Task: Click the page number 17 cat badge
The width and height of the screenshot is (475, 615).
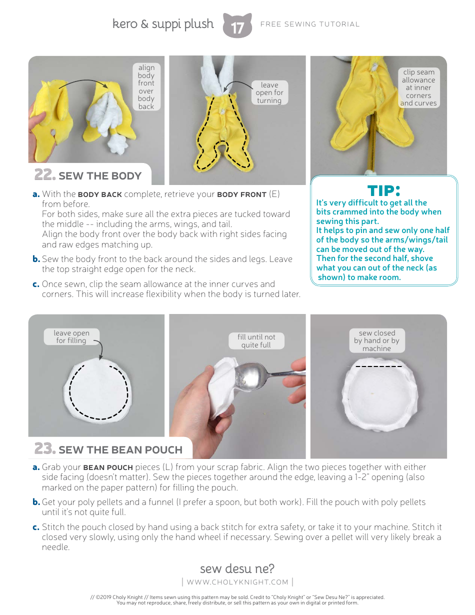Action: [237, 26]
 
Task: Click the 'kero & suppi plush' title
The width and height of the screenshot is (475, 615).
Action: [163, 24]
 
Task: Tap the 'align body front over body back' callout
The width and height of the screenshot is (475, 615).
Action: [146, 87]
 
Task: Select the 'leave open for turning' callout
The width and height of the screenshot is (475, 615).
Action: [269, 93]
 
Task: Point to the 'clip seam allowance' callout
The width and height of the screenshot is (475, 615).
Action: [418, 87]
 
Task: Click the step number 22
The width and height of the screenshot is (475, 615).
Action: [44, 175]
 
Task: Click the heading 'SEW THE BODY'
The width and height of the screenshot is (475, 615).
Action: [100, 176]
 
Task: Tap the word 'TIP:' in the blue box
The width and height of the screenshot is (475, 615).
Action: [384, 190]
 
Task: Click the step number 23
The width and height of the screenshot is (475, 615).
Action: [44, 448]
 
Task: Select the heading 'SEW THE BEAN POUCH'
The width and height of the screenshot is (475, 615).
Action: [120, 450]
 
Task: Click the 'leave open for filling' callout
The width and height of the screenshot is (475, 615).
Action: [71, 336]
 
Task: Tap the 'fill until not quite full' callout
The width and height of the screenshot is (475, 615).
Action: [256, 341]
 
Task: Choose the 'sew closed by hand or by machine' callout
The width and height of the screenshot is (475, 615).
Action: [376, 340]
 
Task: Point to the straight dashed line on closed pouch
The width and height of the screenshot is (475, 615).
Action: [378, 366]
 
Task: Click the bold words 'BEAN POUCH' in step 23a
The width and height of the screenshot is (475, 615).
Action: [108, 467]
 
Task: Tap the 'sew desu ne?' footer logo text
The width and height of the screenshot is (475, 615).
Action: [237, 568]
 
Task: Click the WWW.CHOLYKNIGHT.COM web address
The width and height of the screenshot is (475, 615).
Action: [237, 582]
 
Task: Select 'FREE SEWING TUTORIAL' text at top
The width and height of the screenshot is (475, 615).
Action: [310, 24]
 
